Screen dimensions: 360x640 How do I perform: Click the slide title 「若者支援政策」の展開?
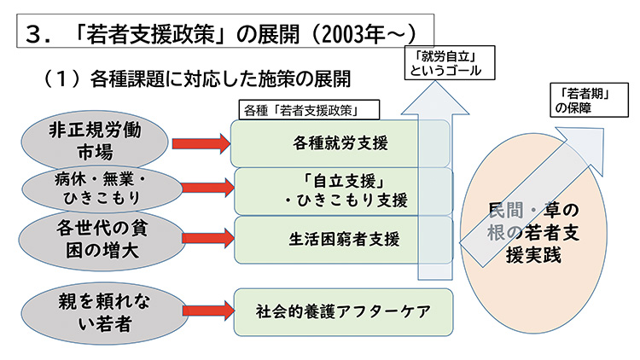click(x=222, y=33)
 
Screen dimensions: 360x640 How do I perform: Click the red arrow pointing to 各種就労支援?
click(x=201, y=143)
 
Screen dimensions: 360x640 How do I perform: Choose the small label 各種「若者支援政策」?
click(x=311, y=110)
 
